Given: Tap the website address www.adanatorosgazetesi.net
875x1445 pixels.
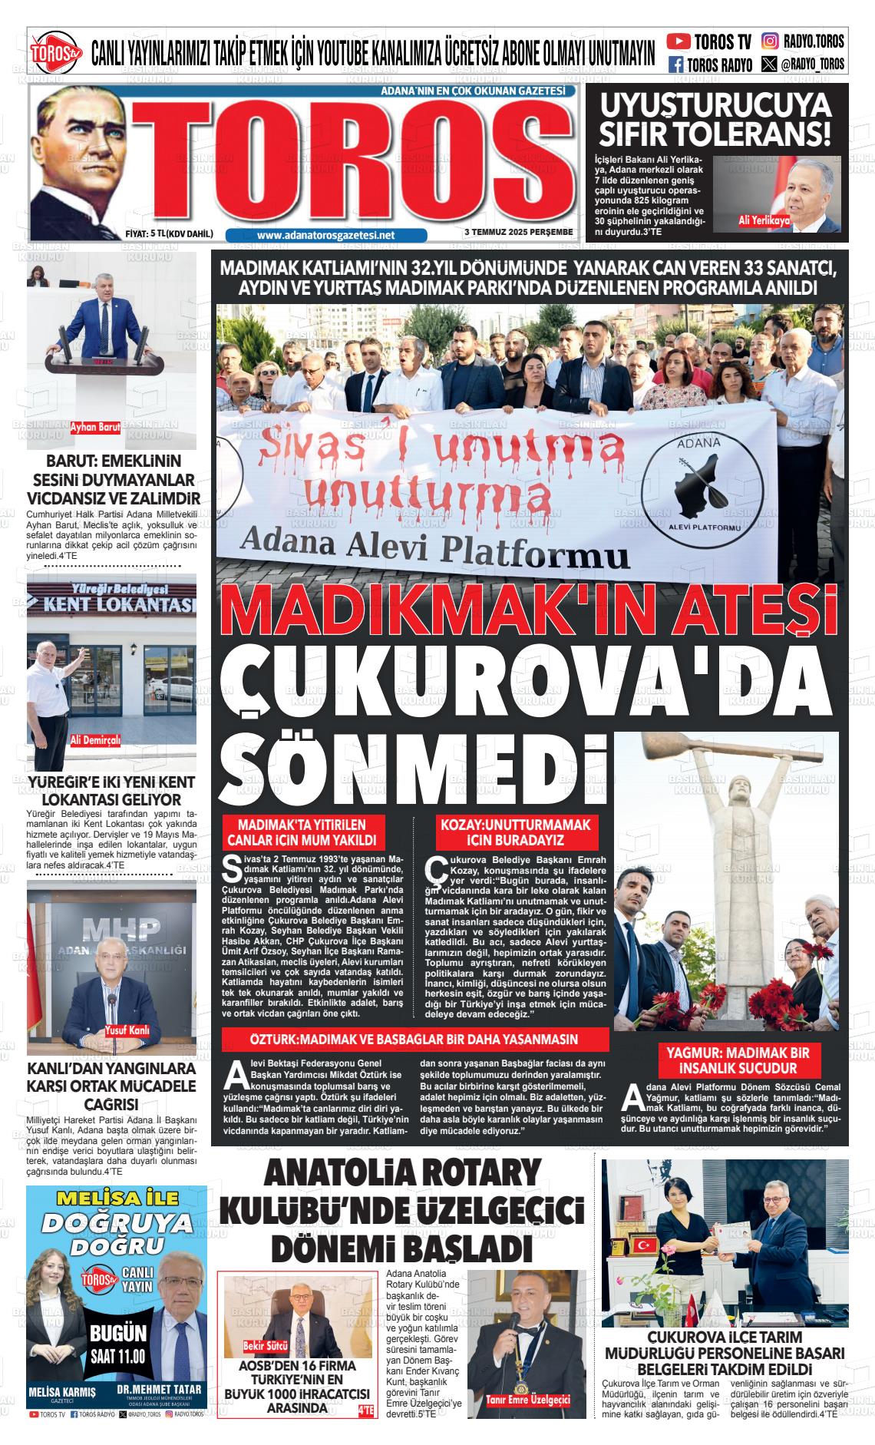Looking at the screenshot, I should click(x=326, y=235).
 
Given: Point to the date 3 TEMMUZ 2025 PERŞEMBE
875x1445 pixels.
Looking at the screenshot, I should click(x=519, y=233).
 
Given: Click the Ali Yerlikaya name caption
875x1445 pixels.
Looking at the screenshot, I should click(x=764, y=220).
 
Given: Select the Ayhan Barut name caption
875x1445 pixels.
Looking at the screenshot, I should click(x=95, y=428).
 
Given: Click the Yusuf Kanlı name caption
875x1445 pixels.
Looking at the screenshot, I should click(x=127, y=1030).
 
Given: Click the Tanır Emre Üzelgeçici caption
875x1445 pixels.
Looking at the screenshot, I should click(x=528, y=1400).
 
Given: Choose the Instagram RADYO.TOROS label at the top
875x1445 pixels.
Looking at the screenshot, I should click(x=803, y=41).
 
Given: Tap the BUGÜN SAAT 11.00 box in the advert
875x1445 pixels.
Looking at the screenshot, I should click(x=117, y=1343).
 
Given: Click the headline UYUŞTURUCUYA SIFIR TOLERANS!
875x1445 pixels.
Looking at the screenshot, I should click(x=715, y=119).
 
